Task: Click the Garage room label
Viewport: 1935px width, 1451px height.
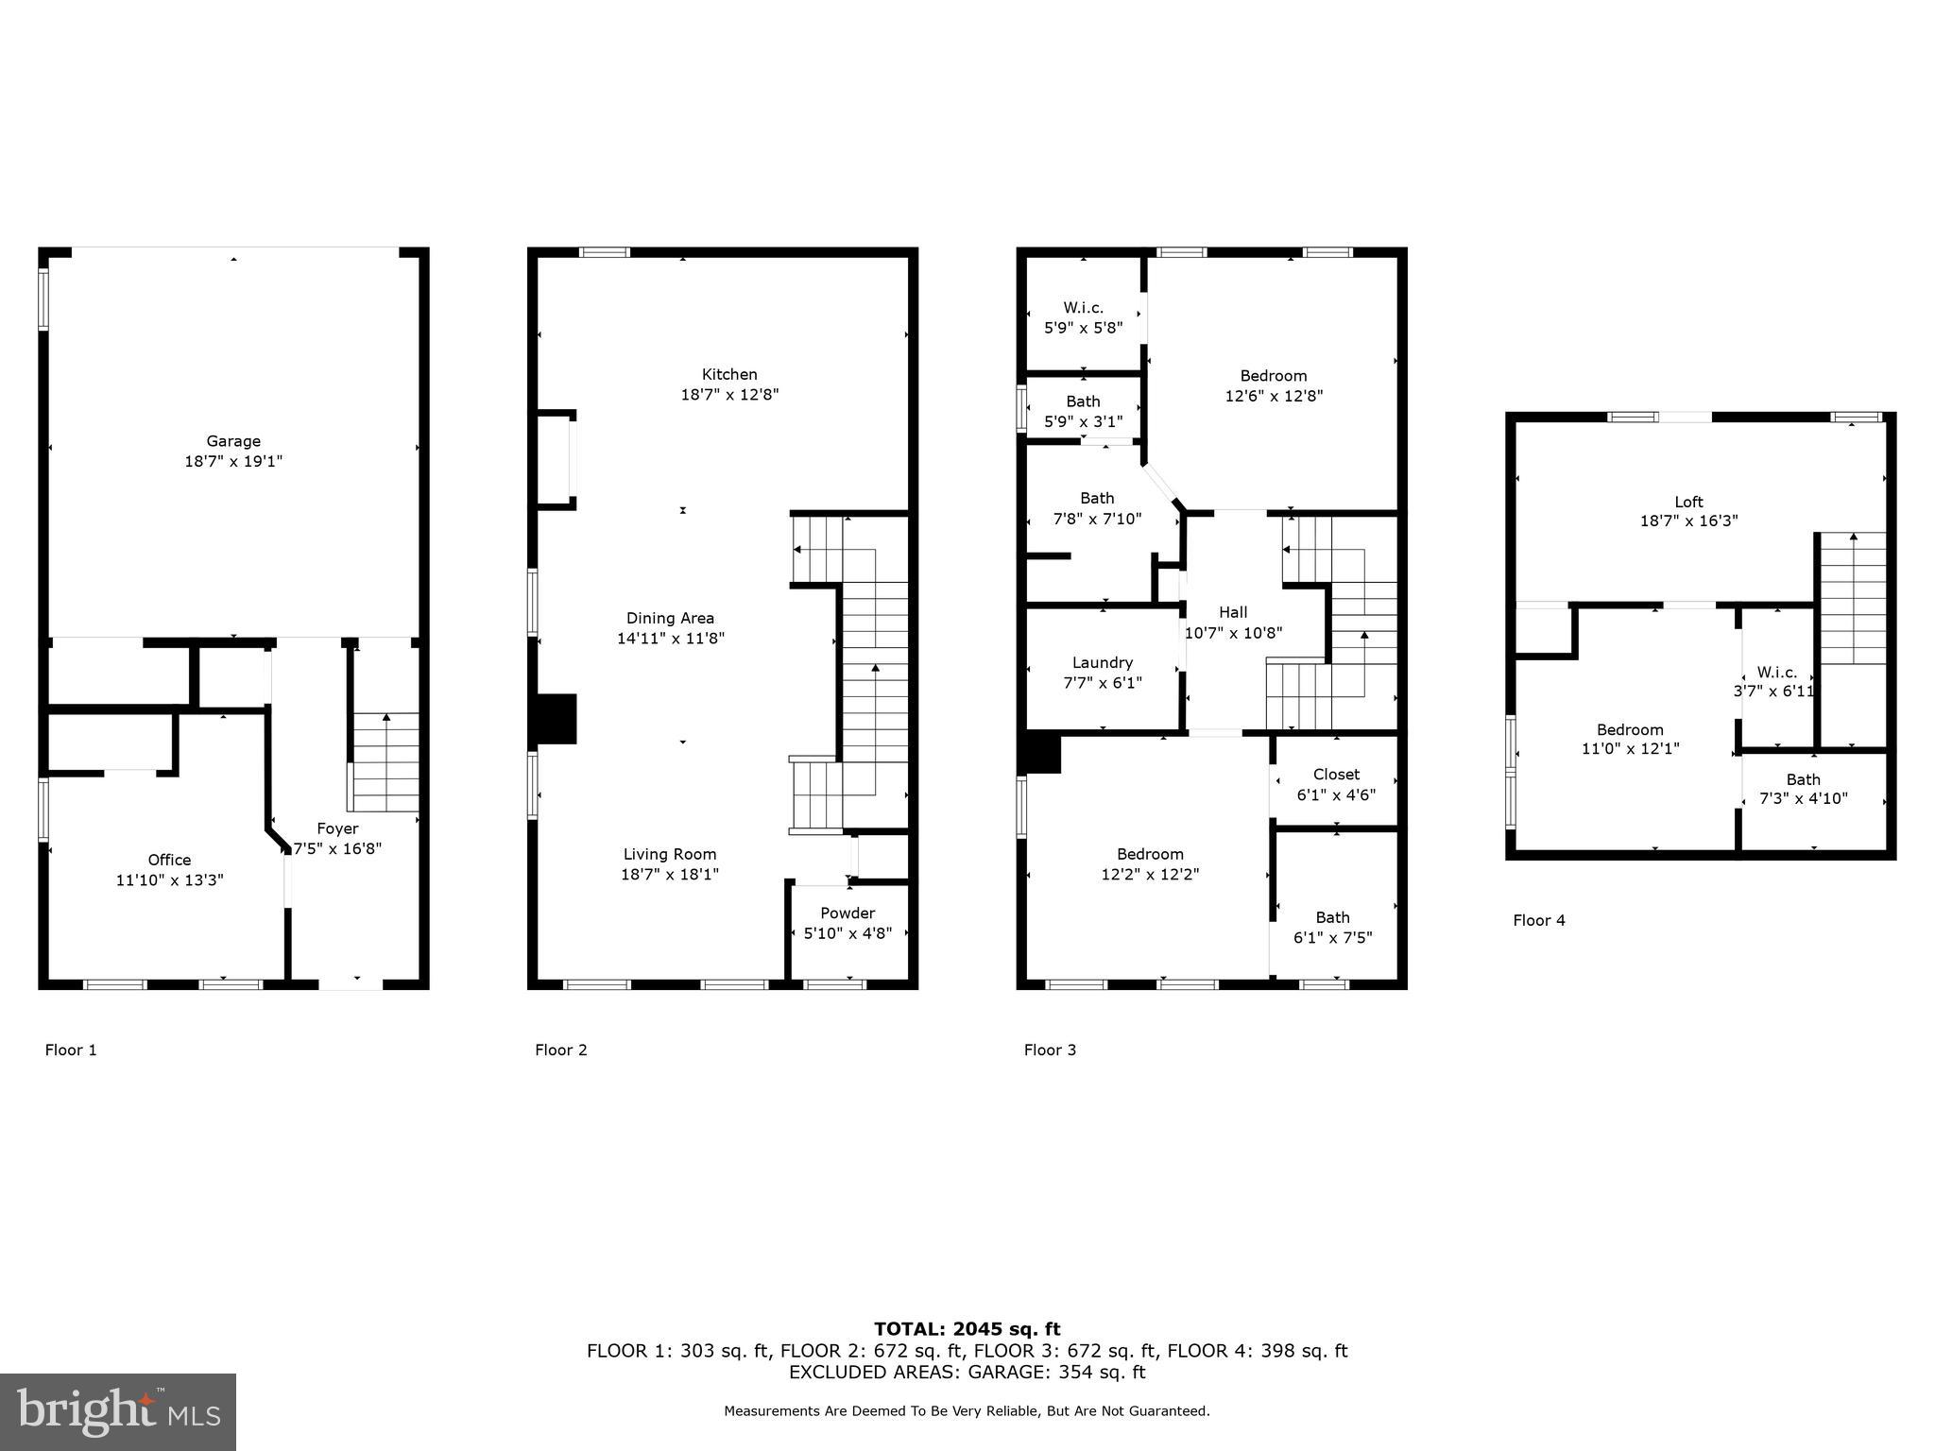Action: [233, 441]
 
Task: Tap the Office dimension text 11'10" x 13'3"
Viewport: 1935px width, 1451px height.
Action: [170, 880]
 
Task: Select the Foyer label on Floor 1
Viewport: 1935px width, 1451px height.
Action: [337, 828]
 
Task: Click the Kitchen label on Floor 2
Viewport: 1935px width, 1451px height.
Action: [729, 374]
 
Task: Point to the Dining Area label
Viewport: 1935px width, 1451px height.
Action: [670, 618]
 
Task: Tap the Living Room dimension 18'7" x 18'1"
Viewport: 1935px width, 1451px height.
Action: [670, 875]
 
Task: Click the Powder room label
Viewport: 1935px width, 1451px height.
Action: [848, 913]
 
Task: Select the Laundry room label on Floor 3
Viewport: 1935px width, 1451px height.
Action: [1103, 662]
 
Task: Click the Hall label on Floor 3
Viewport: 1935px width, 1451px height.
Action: [1233, 612]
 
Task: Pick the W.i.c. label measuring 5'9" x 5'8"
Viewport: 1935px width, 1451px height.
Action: [1084, 308]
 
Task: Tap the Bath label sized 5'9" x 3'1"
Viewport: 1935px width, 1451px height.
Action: [1084, 401]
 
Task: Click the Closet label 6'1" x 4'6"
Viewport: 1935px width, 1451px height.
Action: [1336, 775]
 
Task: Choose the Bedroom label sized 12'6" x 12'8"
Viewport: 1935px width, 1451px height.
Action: [1274, 376]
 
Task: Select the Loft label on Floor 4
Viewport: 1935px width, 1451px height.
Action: [1688, 502]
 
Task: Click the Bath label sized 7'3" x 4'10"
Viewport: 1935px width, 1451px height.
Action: [1803, 779]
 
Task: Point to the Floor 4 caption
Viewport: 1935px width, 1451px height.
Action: [1539, 920]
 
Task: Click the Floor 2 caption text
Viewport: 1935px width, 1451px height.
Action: [561, 1050]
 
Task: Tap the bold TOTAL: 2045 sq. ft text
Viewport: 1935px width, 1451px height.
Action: [967, 1329]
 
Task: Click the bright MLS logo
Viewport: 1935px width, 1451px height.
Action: [118, 1412]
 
